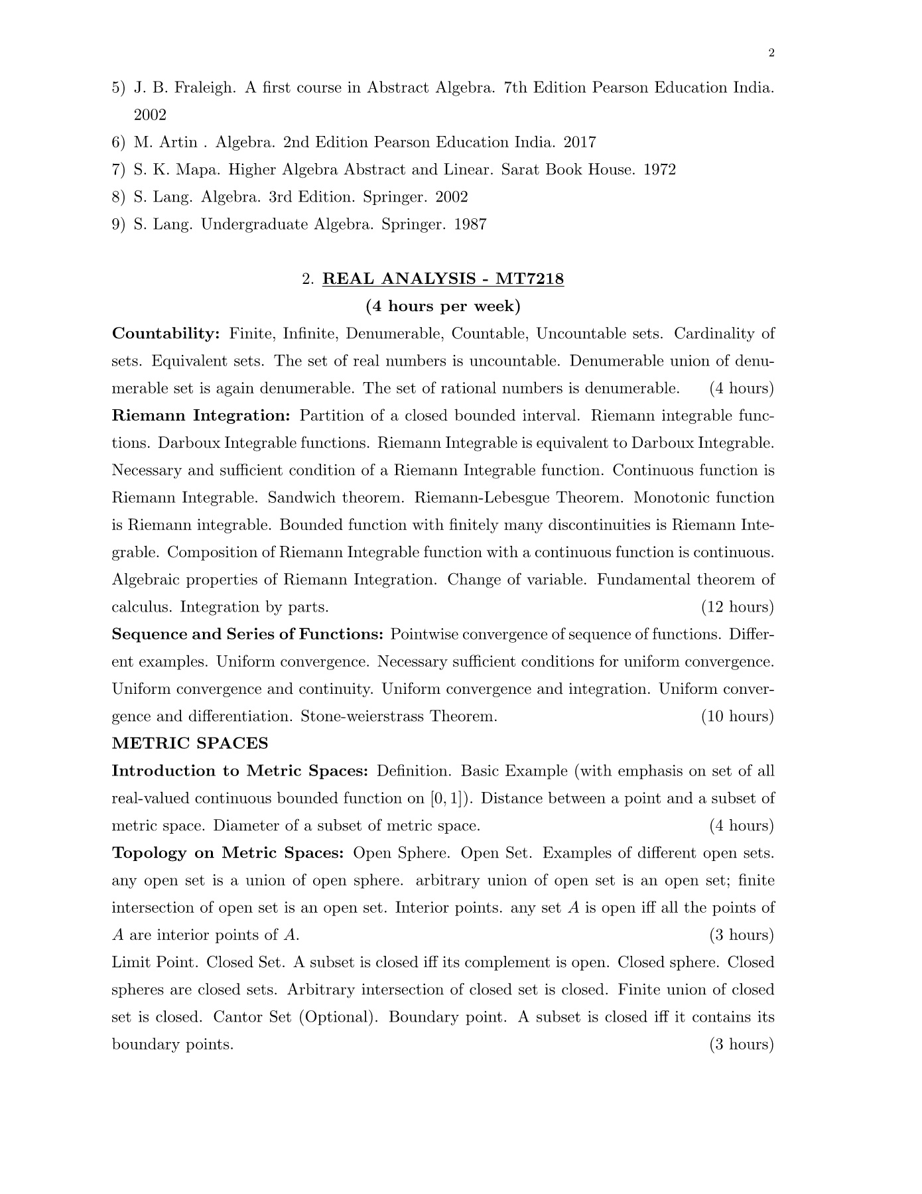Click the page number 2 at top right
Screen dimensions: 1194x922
[x=771, y=54]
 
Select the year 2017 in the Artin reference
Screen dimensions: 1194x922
[x=580, y=143]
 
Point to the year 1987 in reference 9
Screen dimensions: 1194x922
[x=470, y=224]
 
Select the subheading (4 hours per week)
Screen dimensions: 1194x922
[x=443, y=306]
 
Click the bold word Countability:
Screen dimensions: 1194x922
[x=166, y=334]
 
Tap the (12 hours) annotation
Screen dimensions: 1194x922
[x=738, y=607]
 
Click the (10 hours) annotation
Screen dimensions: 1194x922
[x=738, y=716]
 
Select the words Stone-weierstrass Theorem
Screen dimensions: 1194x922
[x=399, y=716]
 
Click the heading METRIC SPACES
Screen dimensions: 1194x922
[x=190, y=744]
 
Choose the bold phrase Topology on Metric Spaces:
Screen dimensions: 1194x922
[x=228, y=853]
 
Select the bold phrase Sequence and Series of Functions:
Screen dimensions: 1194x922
[x=247, y=635]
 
